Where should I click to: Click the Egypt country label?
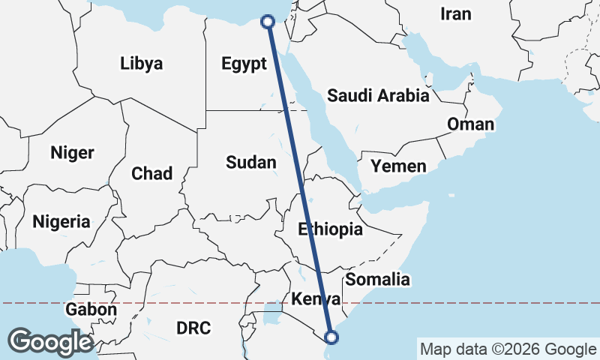244,64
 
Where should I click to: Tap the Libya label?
141,63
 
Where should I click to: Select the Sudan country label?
251,162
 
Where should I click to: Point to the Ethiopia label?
330,229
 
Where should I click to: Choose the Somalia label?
378,280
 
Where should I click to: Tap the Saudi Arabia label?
378,95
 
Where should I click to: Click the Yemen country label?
398,166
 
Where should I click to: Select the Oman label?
470,124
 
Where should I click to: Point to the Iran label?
456,13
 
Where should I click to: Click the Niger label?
72,153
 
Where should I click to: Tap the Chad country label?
151,173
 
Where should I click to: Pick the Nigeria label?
61,221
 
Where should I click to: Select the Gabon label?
91,309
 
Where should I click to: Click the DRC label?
193,328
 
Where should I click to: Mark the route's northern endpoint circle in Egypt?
268,22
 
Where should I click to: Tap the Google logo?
50,342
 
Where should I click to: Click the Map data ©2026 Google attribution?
507,349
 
